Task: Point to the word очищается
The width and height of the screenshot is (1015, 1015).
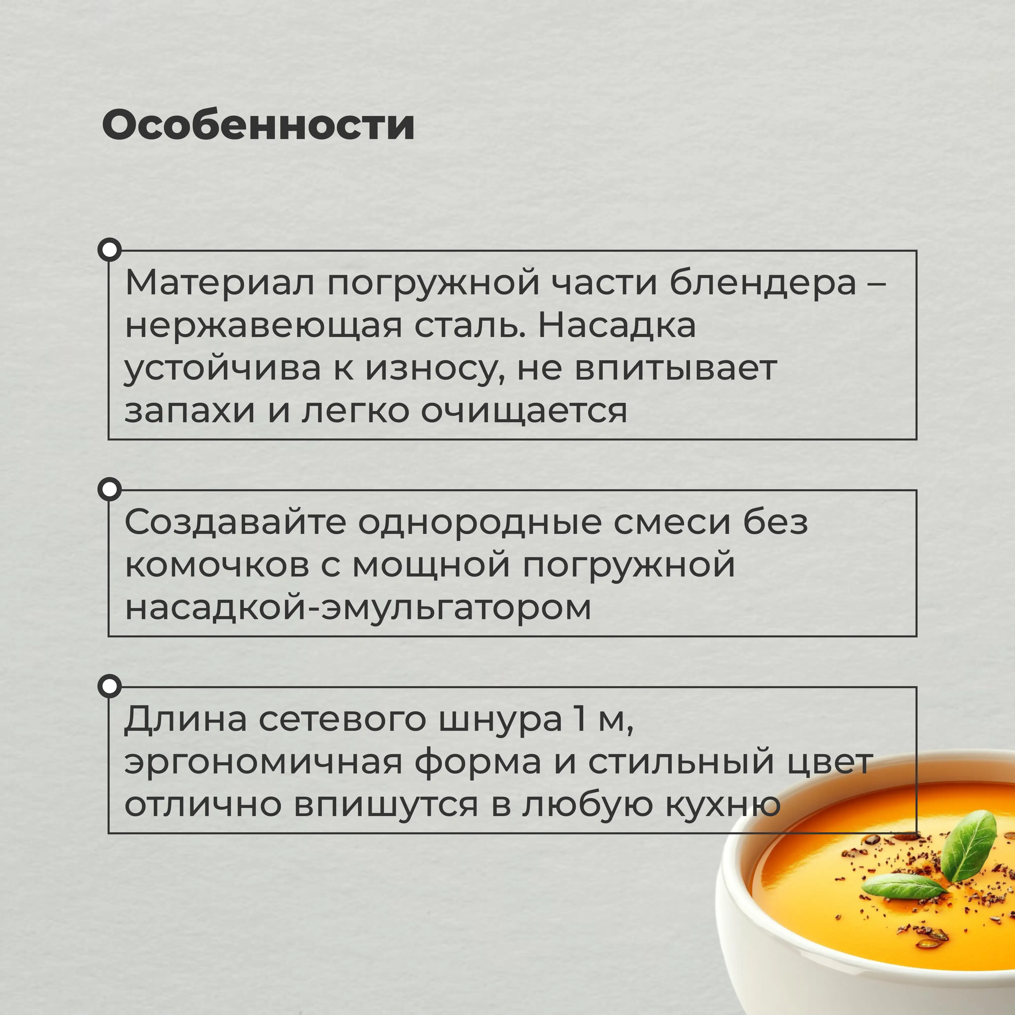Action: click(x=524, y=411)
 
